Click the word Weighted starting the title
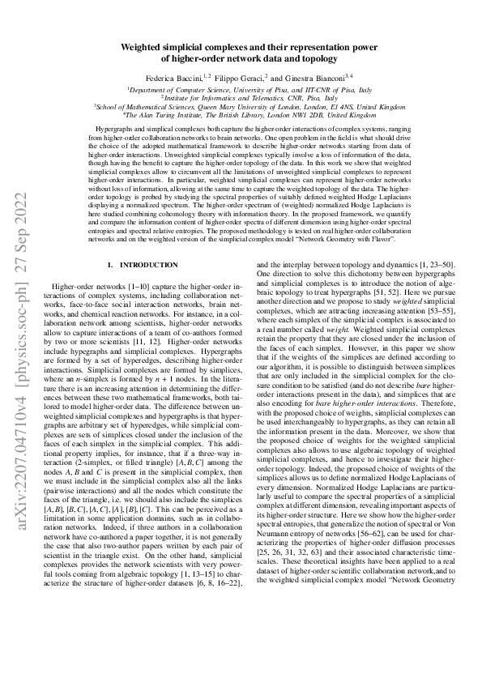point(143,48)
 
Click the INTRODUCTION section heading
point(148,266)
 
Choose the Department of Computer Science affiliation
point(188,90)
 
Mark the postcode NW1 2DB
point(326,114)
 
